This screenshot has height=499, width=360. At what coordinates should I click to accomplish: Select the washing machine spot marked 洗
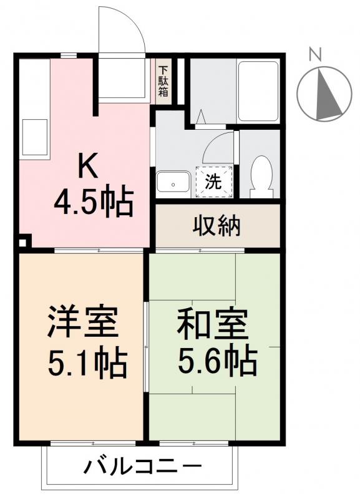point(214,183)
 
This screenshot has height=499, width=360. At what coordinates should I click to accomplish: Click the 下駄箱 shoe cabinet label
point(163,82)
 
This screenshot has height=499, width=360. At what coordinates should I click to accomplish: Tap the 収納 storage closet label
point(216,226)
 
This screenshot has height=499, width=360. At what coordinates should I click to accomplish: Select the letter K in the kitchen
point(87,166)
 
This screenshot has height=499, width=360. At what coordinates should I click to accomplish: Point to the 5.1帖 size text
point(87,362)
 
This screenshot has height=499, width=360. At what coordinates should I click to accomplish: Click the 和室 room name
point(212,323)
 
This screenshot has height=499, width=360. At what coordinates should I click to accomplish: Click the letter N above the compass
point(316,54)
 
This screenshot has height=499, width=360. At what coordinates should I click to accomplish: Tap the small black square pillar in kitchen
point(23,243)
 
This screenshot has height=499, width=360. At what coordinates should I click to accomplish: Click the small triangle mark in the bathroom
point(202,117)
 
